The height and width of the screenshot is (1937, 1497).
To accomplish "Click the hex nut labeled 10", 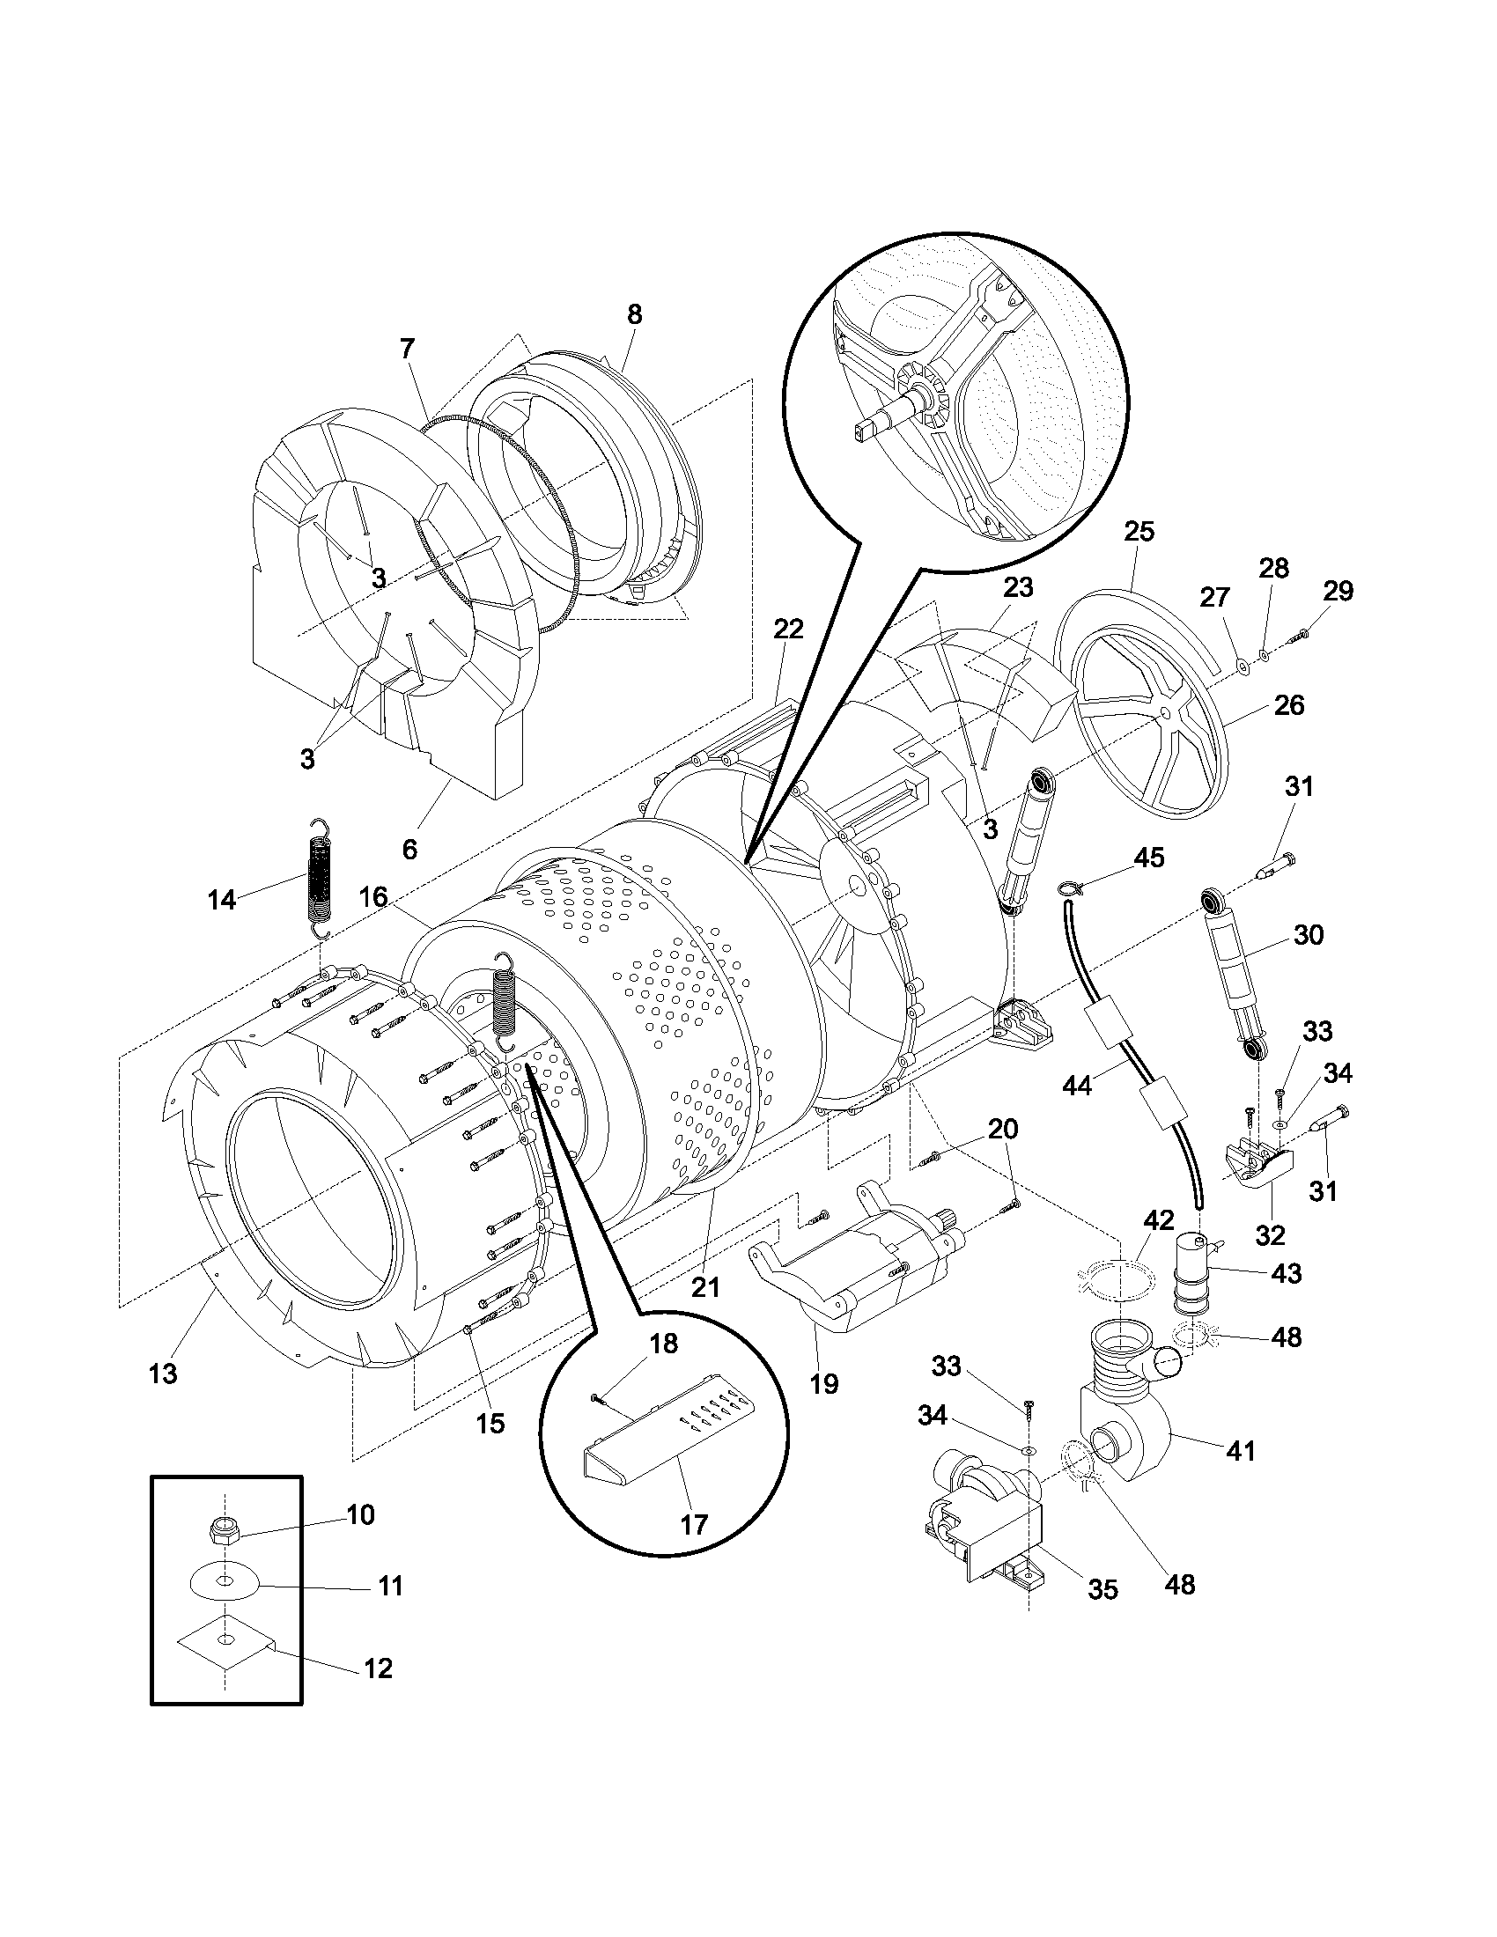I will (218, 1527).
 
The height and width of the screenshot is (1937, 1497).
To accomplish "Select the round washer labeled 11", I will (225, 1581).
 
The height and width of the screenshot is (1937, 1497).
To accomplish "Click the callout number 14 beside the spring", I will (222, 899).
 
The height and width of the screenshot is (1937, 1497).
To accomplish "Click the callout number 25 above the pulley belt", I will (1139, 531).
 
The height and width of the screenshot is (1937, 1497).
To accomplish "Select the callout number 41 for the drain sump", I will (1240, 1451).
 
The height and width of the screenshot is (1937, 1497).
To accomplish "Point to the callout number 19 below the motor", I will (824, 1383).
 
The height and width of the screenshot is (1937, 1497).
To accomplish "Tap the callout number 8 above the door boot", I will (634, 314).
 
